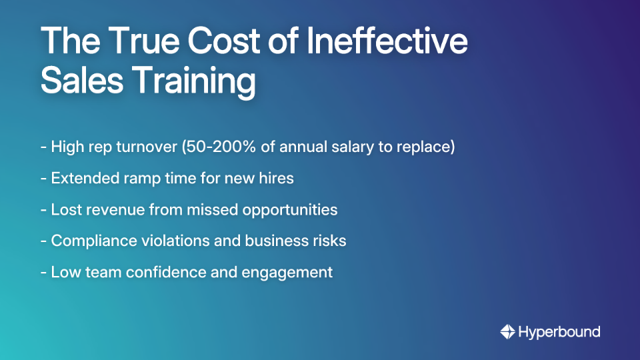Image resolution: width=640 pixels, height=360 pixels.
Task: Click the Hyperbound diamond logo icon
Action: click(507, 331)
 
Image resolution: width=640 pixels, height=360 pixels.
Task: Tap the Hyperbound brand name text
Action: click(559, 332)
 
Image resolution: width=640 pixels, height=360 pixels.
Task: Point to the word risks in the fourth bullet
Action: click(329, 241)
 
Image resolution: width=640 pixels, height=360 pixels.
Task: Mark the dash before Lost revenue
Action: click(43, 210)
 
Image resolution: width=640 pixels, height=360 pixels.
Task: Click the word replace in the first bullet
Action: click(428, 147)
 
